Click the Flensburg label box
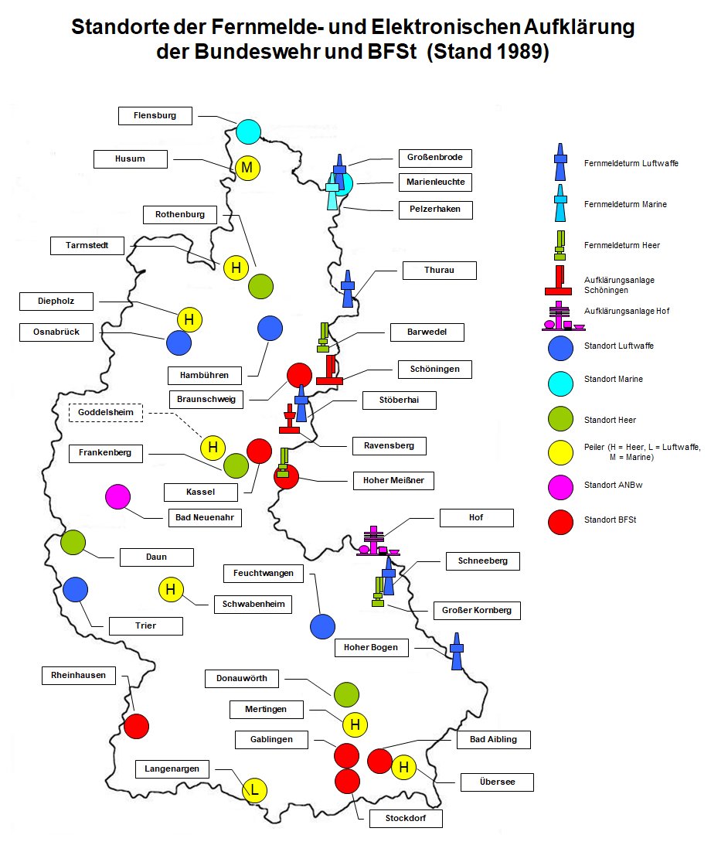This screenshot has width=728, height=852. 155,116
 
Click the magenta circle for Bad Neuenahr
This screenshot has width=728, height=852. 117,496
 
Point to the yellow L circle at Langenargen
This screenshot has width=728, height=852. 254,789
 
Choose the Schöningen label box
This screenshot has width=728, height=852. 434,369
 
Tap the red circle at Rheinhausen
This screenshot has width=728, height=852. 136,726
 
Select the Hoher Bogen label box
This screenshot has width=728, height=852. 371,647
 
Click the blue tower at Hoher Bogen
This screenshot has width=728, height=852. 457,652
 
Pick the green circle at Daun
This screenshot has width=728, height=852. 73,543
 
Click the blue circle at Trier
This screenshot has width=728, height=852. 75,590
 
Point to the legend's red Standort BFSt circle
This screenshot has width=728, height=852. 560,521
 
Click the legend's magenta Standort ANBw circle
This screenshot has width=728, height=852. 560,486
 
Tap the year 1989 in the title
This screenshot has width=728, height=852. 521,53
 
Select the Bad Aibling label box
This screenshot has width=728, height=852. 493,740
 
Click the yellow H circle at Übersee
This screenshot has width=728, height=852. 403,768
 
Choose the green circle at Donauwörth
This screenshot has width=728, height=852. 345,694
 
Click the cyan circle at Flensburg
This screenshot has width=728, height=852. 248,131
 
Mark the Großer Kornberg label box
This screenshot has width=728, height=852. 476,610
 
